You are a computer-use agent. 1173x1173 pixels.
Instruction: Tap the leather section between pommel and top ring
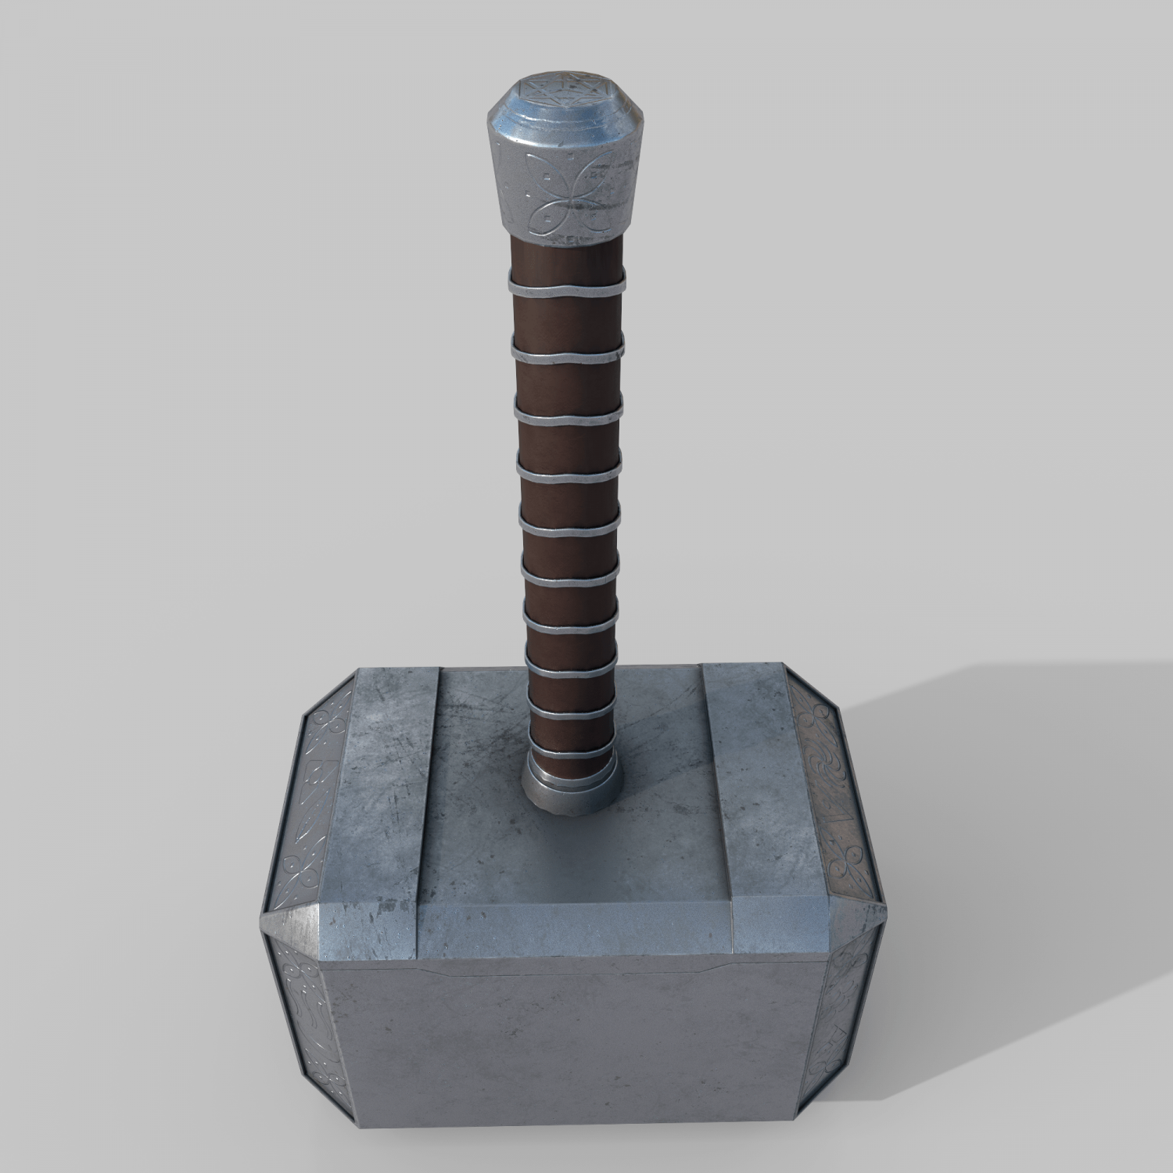(567, 254)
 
